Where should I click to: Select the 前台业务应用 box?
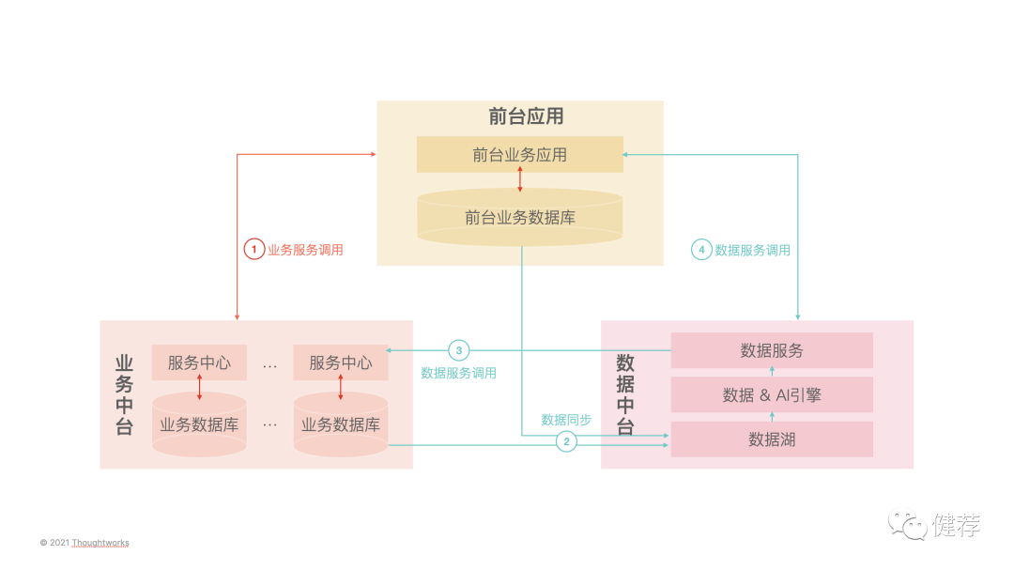click(519, 155)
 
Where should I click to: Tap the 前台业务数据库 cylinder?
click(519, 218)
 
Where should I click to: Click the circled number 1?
click(253, 250)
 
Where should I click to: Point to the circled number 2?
click(566, 440)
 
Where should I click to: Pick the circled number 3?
click(458, 350)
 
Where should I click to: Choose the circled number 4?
click(701, 250)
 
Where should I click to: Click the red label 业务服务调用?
click(305, 250)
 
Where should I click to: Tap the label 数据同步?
click(566, 420)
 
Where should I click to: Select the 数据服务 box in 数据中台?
click(772, 350)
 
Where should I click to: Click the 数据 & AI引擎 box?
click(772, 395)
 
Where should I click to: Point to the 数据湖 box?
click(772, 439)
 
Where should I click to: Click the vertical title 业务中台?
click(124, 394)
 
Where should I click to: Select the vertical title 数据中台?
click(625, 394)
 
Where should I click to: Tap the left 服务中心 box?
click(199, 362)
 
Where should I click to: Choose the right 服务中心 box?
click(340, 362)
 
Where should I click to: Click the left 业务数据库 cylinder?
click(199, 425)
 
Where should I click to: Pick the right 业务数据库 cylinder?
click(340, 425)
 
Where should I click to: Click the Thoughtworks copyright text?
click(84, 543)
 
